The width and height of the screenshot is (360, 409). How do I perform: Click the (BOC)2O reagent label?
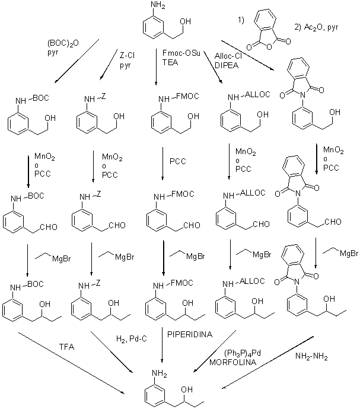(x=63, y=43)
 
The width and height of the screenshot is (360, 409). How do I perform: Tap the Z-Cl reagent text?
(x=127, y=55)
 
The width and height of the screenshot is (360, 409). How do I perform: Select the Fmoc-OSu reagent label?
(x=181, y=53)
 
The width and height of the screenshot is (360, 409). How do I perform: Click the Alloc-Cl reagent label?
(x=228, y=56)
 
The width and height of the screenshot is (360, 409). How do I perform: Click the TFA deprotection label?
(x=67, y=347)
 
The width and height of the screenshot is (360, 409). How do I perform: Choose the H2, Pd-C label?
(x=132, y=339)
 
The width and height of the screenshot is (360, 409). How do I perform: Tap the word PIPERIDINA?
(x=190, y=334)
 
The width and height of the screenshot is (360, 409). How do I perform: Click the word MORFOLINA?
(x=232, y=362)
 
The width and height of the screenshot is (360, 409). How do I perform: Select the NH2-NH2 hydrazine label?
(x=311, y=356)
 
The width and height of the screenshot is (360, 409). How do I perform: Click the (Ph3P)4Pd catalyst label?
(x=243, y=353)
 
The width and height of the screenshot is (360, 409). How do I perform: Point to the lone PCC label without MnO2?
(x=178, y=161)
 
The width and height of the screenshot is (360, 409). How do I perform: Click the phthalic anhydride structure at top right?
(x=268, y=30)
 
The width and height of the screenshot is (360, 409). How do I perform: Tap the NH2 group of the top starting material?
(x=158, y=5)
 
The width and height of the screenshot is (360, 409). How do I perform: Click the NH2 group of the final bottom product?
(x=160, y=373)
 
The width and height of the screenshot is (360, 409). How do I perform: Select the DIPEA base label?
(x=227, y=65)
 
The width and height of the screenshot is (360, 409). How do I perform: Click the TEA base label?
(x=170, y=63)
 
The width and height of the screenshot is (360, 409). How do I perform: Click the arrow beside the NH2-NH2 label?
(x=267, y=363)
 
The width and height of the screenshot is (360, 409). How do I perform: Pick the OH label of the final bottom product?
(x=187, y=389)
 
